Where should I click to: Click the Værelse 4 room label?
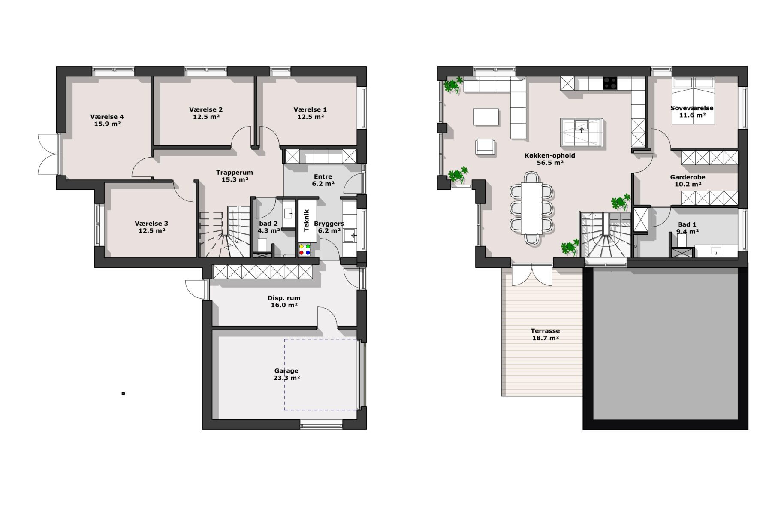pos(107,117)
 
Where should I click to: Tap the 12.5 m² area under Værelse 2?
pos(206,117)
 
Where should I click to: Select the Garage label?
pos(286,371)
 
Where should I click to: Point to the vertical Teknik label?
pos(307,221)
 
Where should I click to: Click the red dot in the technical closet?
pos(301,253)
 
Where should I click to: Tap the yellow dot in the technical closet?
pos(301,247)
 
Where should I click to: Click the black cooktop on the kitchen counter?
pos(610,83)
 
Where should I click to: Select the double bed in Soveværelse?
pos(693,100)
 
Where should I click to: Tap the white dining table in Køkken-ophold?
pos(532,208)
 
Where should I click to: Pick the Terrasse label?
pos(545,331)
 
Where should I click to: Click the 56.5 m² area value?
pos(550,163)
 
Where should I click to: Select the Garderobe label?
pos(688,177)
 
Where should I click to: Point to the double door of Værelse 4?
pos(48,154)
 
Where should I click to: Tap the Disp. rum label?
pos(284,298)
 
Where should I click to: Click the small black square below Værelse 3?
pos(123,394)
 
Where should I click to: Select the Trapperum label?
pos(235,173)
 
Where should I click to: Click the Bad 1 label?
pos(687,224)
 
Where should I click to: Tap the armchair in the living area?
pos(485,147)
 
